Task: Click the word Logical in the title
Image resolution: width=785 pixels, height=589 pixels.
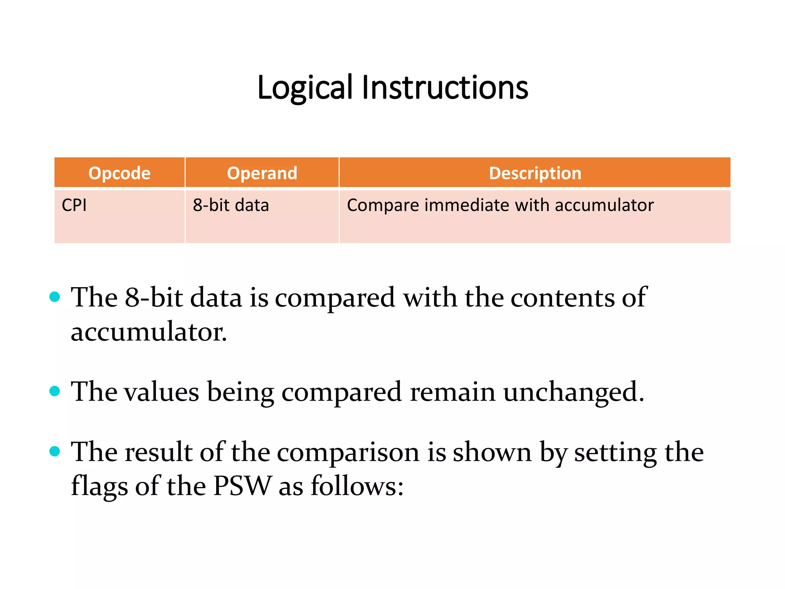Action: tap(304, 88)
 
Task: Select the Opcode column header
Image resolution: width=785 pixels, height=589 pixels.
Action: tap(119, 173)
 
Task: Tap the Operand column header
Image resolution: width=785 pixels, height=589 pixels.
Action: tap(262, 173)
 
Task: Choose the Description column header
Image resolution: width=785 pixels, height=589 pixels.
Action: tap(535, 173)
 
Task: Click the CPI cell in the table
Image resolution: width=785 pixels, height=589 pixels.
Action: tap(74, 205)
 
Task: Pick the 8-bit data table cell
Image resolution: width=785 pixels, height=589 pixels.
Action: tap(231, 205)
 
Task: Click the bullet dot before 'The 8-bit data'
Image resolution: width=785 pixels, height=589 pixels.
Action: tap(55, 297)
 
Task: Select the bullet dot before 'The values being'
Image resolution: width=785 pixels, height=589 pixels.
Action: tap(55, 391)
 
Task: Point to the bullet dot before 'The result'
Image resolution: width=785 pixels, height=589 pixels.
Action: tap(55, 451)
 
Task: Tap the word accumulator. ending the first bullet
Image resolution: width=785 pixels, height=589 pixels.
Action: tap(149, 332)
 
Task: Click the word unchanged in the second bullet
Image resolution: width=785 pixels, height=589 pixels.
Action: tap(573, 392)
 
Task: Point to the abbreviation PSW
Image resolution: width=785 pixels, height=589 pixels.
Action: tap(243, 486)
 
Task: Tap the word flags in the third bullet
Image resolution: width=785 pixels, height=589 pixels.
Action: tap(99, 486)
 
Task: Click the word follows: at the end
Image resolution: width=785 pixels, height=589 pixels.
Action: tap(357, 486)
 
